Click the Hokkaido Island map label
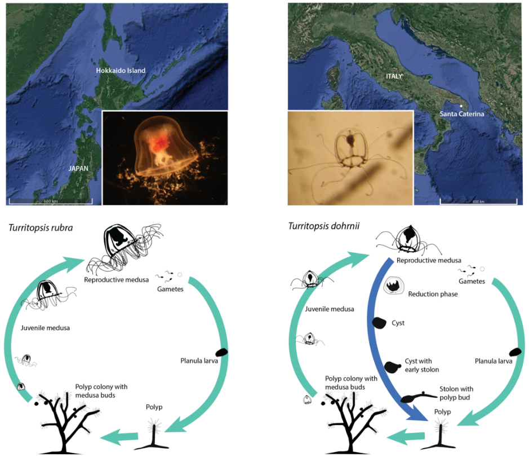coord(121,71)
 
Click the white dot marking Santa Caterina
coord(461,106)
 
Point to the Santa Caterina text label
coord(461,114)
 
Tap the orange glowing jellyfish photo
coord(165,157)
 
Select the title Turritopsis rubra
coord(42,228)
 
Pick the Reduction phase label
coord(433,294)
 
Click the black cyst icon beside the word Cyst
coord(379,322)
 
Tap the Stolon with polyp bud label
coord(456,393)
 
